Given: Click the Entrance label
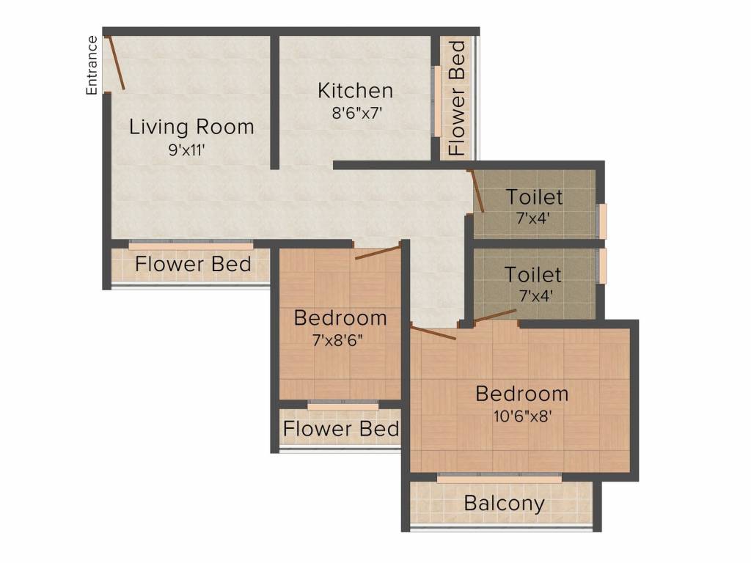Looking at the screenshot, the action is click(x=92, y=65).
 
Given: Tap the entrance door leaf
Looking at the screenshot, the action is click(x=115, y=63).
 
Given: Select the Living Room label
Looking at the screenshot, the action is click(x=191, y=128).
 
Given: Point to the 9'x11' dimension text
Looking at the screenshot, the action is click(x=186, y=150).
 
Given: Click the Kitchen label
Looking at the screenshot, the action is click(x=356, y=90).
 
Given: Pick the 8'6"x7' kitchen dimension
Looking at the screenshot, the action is click(x=357, y=114).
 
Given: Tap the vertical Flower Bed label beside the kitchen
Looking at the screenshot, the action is click(x=458, y=98).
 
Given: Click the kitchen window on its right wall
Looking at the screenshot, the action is click(x=437, y=101).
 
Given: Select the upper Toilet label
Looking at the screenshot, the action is click(x=534, y=197).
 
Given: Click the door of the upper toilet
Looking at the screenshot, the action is click(x=477, y=191).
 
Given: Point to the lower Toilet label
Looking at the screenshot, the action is click(x=533, y=275).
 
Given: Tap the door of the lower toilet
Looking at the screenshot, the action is click(x=495, y=316).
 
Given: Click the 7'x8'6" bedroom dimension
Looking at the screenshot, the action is click(x=337, y=340).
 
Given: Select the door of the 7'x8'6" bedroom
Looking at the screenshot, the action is click(x=378, y=253).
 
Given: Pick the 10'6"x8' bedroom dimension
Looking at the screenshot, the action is click(x=523, y=416).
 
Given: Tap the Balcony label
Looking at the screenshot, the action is click(x=505, y=504).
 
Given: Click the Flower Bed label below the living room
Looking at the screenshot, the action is click(x=193, y=264).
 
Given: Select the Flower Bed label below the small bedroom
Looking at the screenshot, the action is click(x=341, y=428).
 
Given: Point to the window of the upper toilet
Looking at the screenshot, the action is click(x=603, y=221).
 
